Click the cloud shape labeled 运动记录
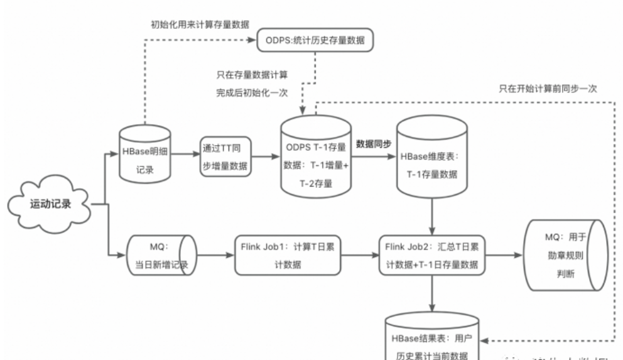click(x=48, y=204)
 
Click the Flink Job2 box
click(x=432, y=256)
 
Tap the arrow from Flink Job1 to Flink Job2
click(x=361, y=256)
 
